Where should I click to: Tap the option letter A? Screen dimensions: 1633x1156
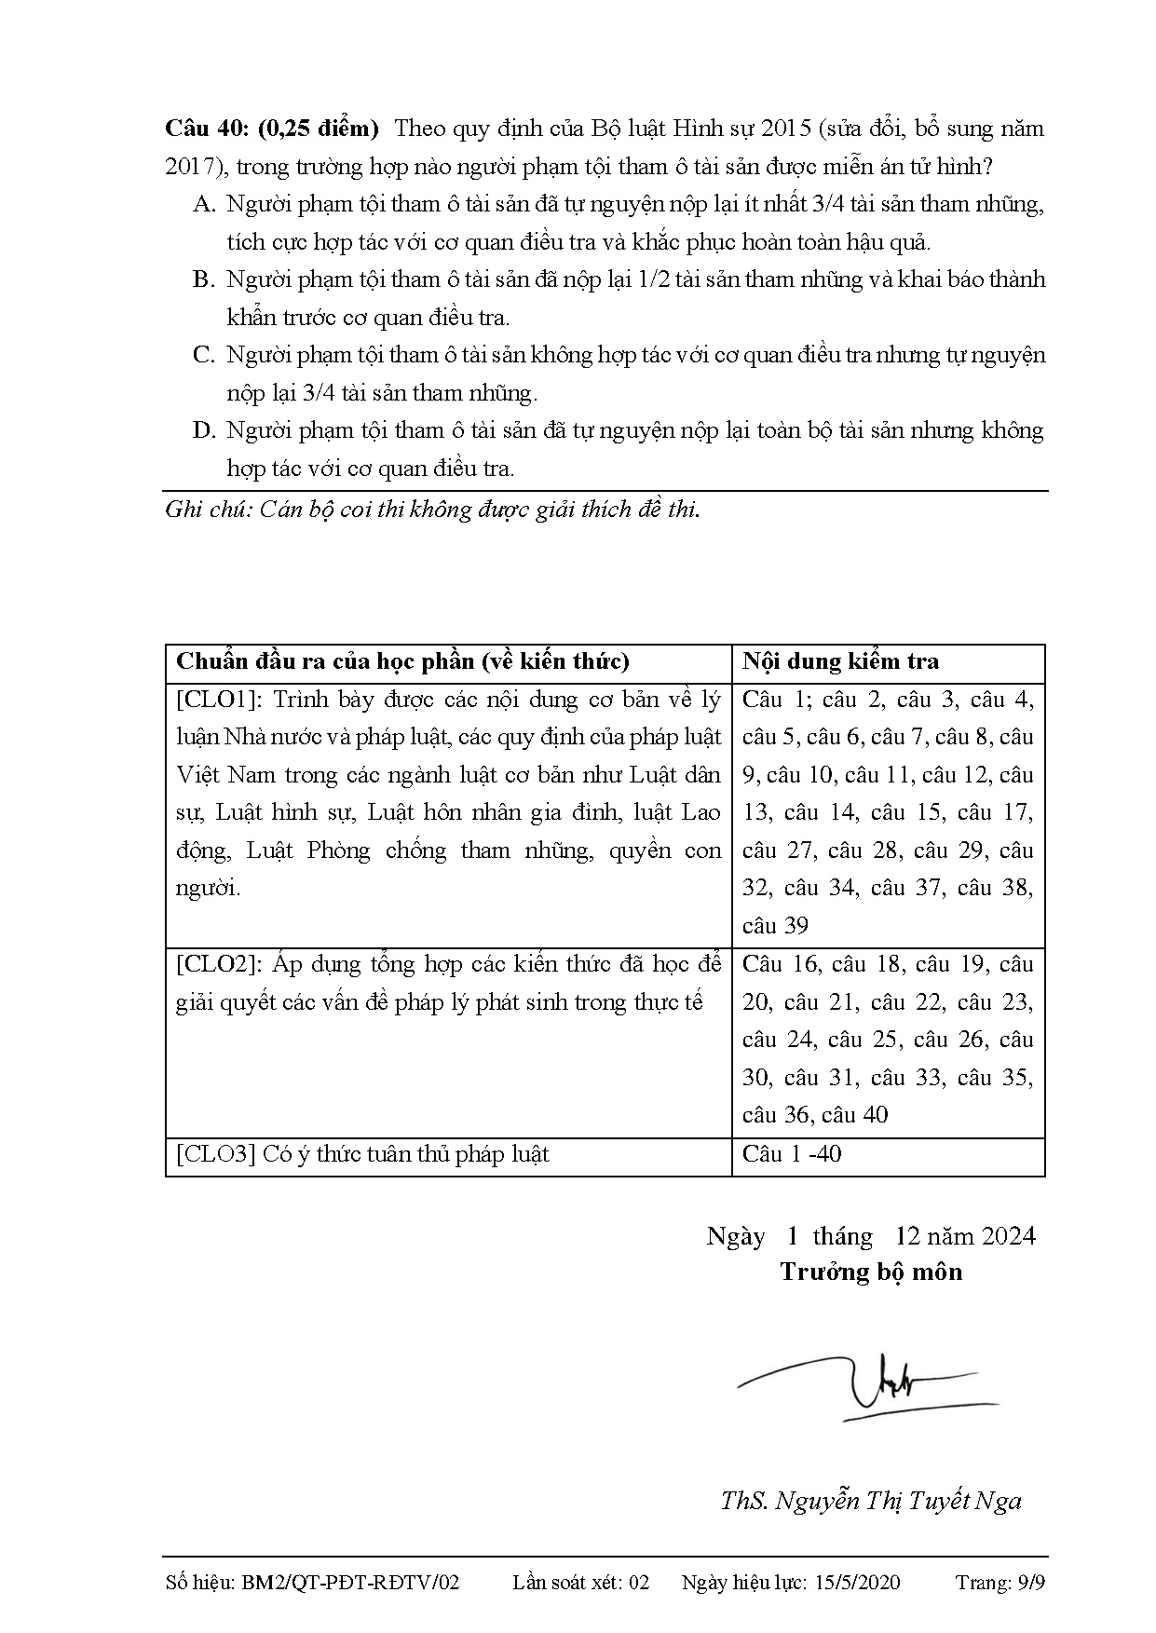[203, 204]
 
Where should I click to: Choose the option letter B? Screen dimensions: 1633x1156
[203, 279]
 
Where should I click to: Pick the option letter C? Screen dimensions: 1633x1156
[203, 355]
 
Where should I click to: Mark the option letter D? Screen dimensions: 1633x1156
[203, 430]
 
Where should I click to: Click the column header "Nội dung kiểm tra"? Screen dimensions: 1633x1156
[840, 661]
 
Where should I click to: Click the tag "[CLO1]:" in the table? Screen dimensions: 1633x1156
[220, 700]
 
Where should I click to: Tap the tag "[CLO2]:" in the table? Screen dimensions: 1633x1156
[220, 964]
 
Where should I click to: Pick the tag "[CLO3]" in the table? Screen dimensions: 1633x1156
[215, 1155]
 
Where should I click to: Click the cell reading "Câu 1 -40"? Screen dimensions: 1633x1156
[792, 1155]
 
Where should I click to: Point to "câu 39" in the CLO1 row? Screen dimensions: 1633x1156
[775, 926]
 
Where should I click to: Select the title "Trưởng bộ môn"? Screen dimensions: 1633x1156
[871, 1272]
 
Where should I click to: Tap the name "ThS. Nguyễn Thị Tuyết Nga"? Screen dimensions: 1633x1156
[871, 1501]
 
